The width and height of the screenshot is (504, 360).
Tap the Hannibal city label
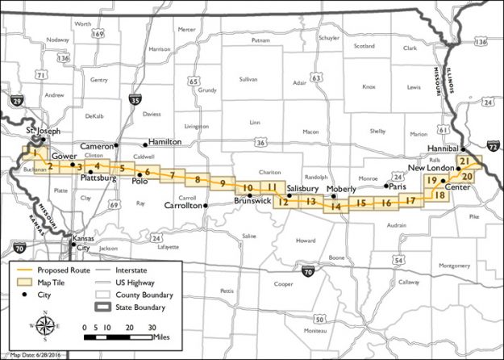(x=444, y=149)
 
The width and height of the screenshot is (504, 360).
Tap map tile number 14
(x=335, y=207)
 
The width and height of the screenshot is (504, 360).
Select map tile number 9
(x=223, y=184)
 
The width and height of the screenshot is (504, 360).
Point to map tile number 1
(x=34, y=152)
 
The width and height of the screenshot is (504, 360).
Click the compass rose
(x=46, y=326)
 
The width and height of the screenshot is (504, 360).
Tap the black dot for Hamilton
(x=146, y=145)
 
